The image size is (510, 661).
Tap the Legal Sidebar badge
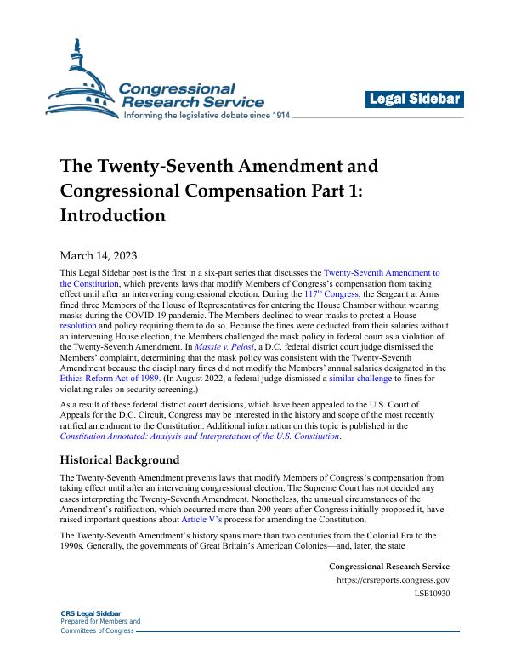tap(415, 100)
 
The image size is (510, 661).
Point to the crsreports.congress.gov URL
tap(394, 581)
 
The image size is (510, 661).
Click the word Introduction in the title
tap(112, 215)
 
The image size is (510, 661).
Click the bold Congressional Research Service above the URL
tap(388, 567)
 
